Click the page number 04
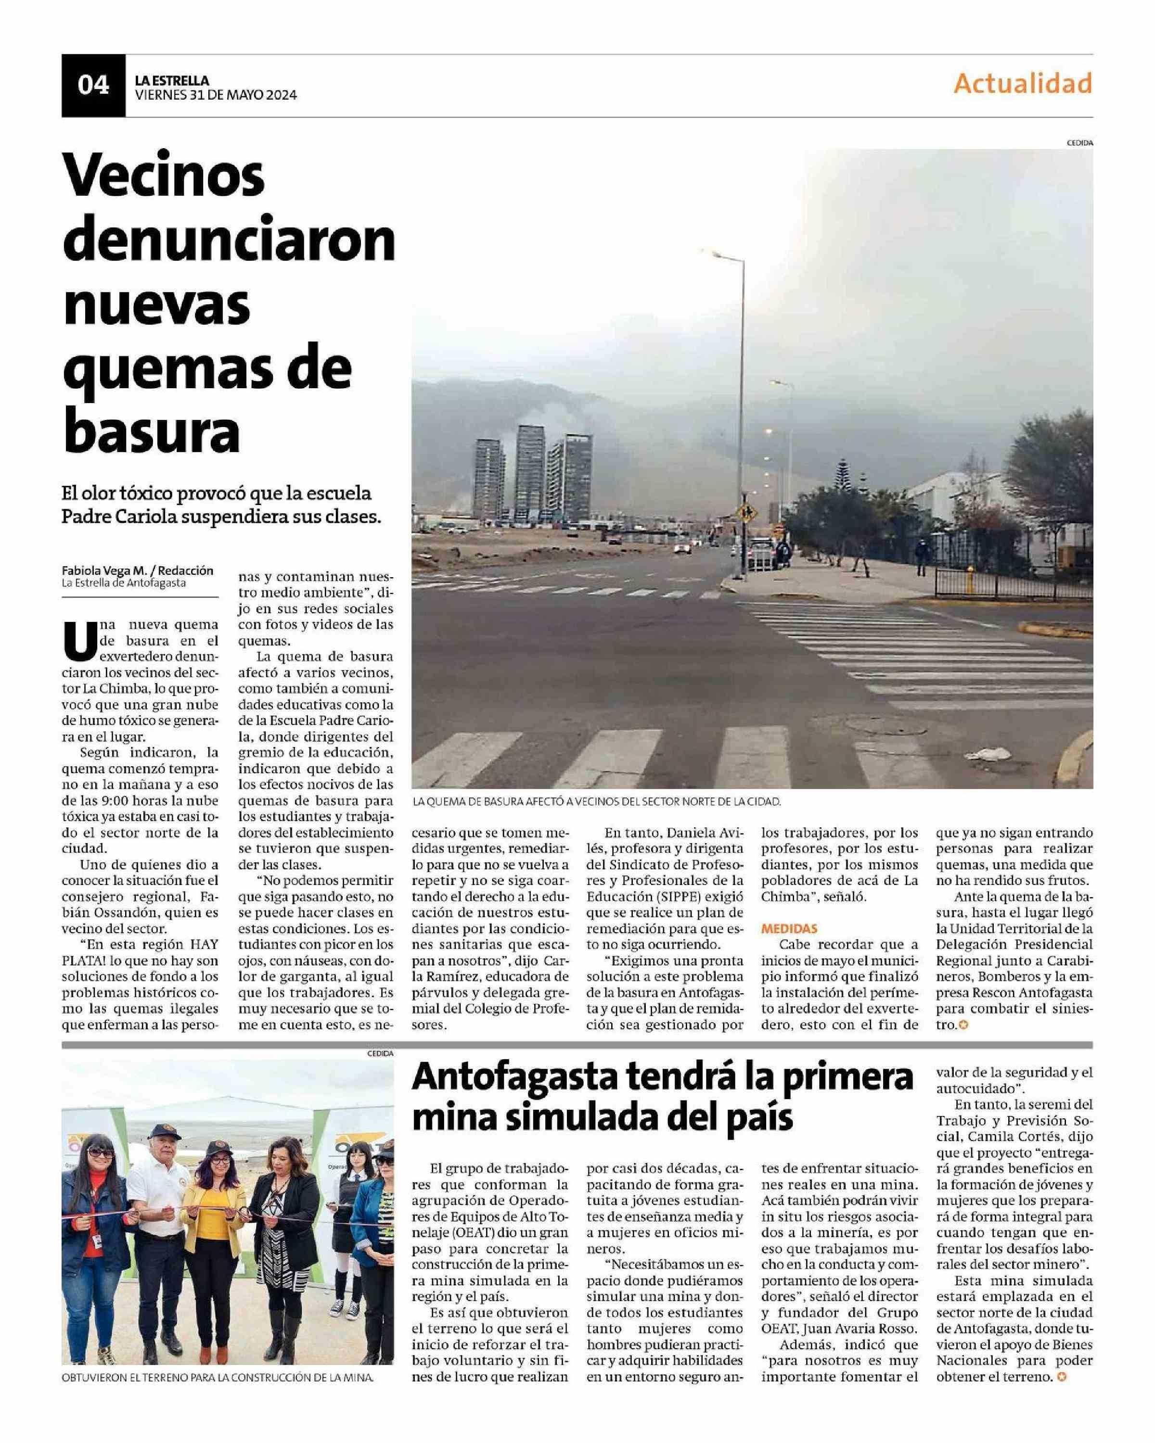[93, 85]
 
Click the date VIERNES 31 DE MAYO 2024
[216, 95]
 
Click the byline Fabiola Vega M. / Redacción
[137, 570]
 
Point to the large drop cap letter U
[76, 641]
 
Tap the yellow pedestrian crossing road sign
[745, 513]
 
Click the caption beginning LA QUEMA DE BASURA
[597, 802]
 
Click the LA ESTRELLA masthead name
[172, 80]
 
